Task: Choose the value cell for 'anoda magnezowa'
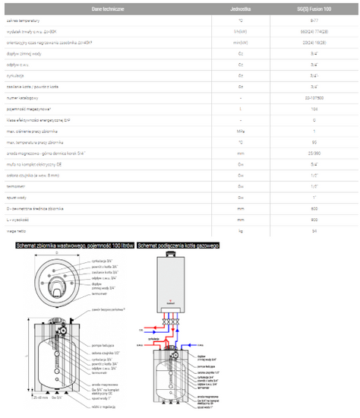[x=314, y=152]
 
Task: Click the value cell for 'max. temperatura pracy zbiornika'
[x=314, y=141]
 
